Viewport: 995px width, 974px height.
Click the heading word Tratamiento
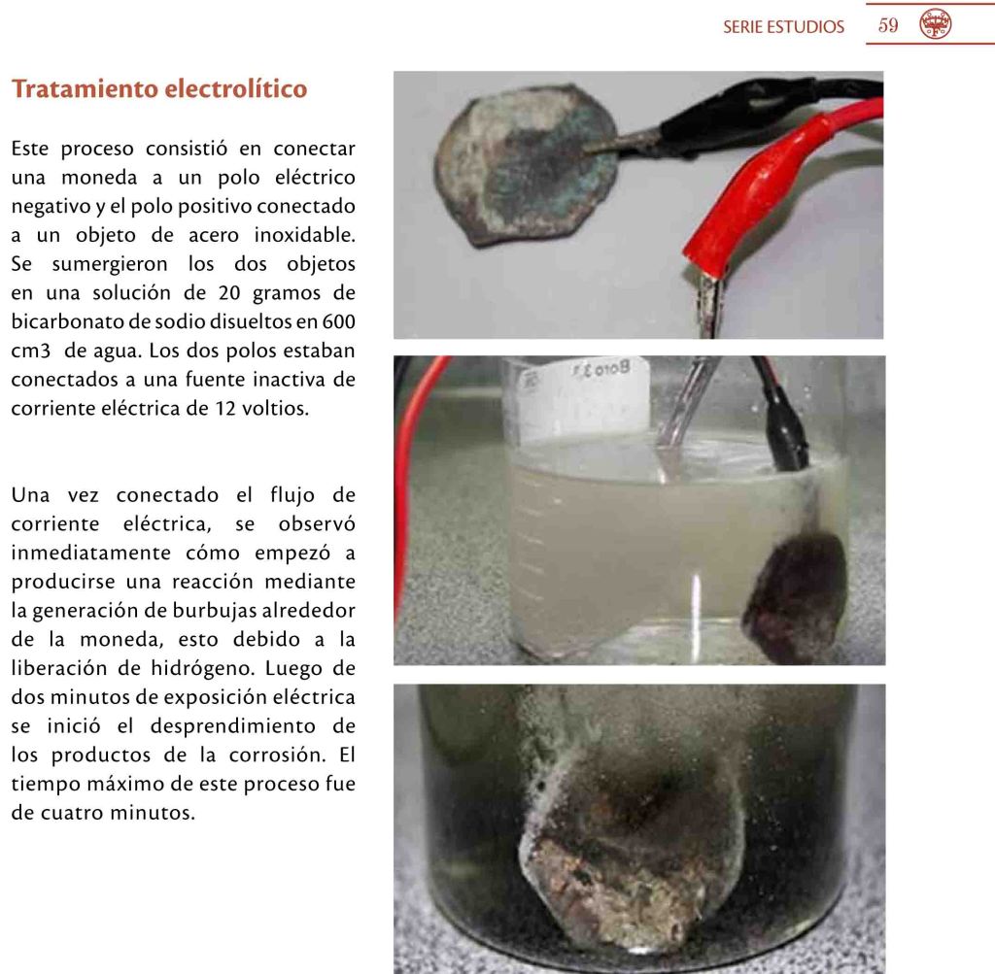pos(86,88)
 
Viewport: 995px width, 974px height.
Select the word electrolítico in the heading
pos(236,88)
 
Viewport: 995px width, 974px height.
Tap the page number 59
pos(888,25)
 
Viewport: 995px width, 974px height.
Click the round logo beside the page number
pos(936,24)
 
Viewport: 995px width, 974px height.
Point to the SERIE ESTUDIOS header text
pos(784,26)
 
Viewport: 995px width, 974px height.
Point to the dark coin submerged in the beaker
pos(795,596)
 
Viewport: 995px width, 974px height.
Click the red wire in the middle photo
pos(412,482)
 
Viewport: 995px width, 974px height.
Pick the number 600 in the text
pos(339,321)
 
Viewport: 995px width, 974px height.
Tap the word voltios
pos(275,409)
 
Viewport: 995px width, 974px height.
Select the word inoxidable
pos(304,235)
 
